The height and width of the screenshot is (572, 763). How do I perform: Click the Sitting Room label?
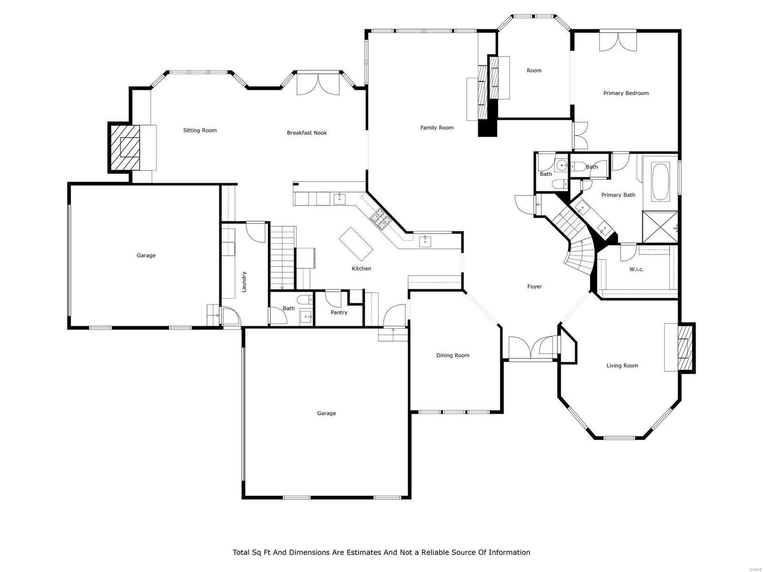(200, 130)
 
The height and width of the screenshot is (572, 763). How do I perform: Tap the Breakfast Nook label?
(307, 133)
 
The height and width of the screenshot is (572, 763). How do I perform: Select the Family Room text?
(437, 128)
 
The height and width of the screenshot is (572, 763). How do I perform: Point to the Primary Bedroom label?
(626, 93)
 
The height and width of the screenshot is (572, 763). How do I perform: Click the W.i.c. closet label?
(636, 269)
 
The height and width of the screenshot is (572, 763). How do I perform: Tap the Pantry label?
(339, 313)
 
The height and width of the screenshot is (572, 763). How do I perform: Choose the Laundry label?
(244, 282)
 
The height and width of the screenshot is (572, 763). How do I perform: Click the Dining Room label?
(453, 355)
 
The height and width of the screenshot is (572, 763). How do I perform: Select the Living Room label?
(622, 366)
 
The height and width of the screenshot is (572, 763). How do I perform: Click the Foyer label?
(534, 286)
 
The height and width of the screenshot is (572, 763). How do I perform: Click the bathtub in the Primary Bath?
(660, 182)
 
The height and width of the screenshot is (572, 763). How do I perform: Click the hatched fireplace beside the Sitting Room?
(125, 147)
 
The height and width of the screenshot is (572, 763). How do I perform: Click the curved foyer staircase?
(579, 253)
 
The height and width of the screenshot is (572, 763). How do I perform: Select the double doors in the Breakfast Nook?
(317, 84)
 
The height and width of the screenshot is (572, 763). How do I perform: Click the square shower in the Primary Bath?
(660, 227)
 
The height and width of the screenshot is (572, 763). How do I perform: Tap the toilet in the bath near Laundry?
(303, 300)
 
